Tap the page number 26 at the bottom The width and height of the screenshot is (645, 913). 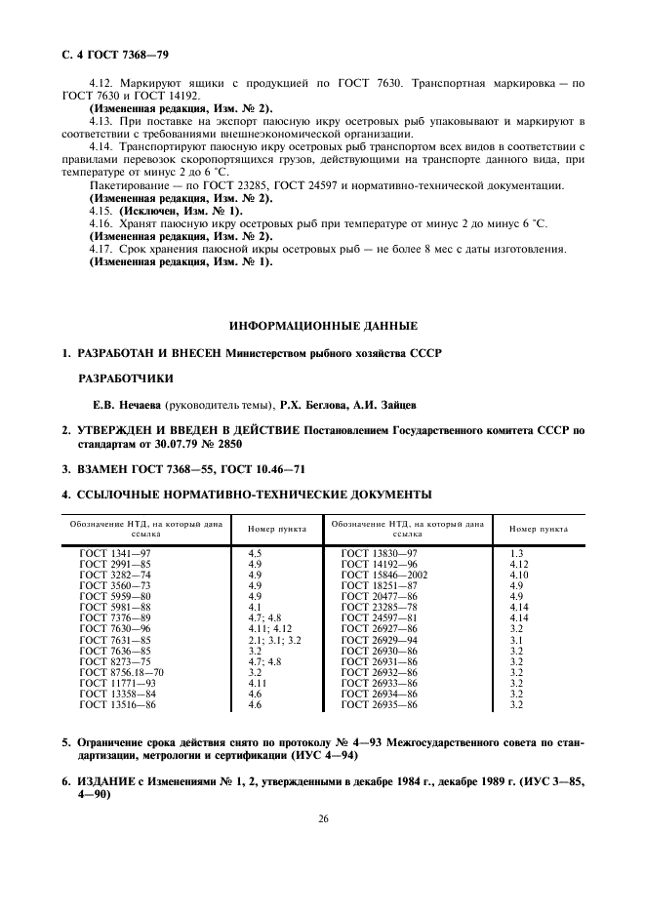[322, 817]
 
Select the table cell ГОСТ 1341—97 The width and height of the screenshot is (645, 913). [114, 553]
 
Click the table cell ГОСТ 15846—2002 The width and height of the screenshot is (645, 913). [383, 575]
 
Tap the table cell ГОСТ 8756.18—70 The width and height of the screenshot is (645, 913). [122, 672]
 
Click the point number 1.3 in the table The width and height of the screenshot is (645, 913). [516, 553]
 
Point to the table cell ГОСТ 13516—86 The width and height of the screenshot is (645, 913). [117, 704]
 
